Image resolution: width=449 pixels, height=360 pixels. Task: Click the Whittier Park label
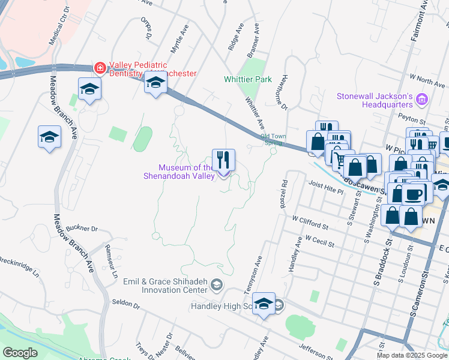pyautogui.click(x=247, y=79)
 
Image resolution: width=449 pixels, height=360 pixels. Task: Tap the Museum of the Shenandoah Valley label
pyautogui.click(x=185, y=172)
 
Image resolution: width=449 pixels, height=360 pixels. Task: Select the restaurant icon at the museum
pyautogui.click(x=223, y=160)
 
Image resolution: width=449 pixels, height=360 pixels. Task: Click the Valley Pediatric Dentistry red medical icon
pyautogui.click(x=98, y=68)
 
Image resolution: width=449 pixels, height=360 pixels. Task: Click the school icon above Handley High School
pyautogui.click(x=264, y=304)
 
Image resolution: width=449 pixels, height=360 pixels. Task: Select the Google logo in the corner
pyautogui.click(x=20, y=352)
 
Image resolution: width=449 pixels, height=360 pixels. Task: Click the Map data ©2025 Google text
pyautogui.click(x=412, y=355)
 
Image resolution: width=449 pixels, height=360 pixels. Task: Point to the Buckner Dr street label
pyautogui.click(x=82, y=229)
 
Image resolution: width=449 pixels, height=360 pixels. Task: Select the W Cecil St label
pyautogui.click(x=319, y=238)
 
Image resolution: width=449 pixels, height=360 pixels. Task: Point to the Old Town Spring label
pyautogui.click(x=272, y=139)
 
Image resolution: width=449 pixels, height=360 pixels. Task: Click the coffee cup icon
pyautogui.click(x=413, y=193)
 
